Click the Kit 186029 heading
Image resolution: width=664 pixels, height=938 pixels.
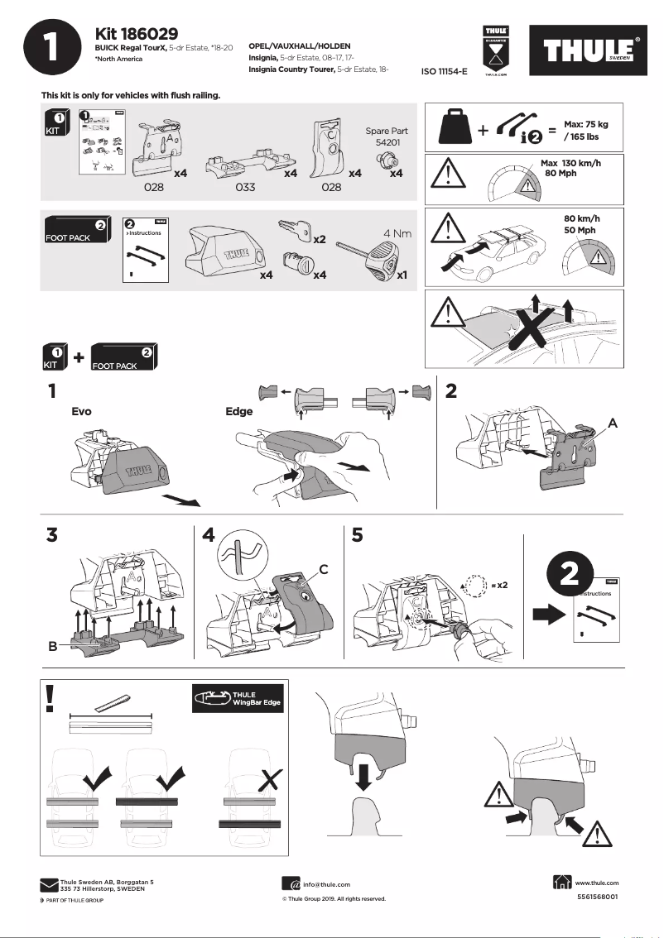(x=136, y=34)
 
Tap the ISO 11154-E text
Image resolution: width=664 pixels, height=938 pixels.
(x=445, y=72)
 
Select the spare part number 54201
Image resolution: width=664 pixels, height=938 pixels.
(x=386, y=143)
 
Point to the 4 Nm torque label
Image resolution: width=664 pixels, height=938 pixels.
(x=397, y=233)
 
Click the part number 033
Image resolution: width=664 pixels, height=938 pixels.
(x=245, y=188)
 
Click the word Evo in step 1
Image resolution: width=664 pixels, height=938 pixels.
(x=82, y=411)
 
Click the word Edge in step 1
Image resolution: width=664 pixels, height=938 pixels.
(x=239, y=411)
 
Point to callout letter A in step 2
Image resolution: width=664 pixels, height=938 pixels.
(x=613, y=422)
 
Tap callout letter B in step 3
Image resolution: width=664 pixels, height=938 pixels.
(x=52, y=646)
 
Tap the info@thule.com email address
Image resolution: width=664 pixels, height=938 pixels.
(x=326, y=884)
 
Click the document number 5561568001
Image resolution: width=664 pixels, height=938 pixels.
(x=596, y=897)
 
